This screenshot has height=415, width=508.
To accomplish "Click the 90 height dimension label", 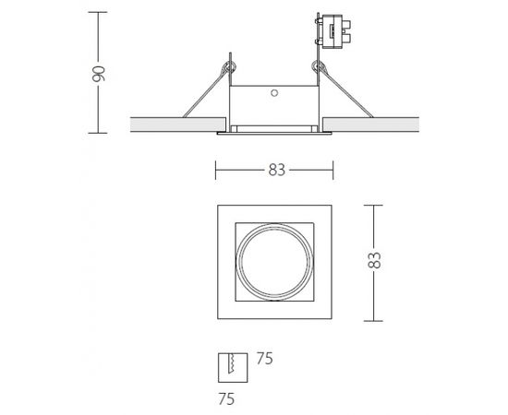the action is (99, 74).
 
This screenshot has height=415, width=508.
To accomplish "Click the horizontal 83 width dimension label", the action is (277, 170).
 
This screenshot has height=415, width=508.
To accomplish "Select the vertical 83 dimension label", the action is (374, 260).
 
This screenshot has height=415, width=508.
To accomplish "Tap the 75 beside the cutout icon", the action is (265, 359).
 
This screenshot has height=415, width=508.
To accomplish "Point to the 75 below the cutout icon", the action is (226, 398).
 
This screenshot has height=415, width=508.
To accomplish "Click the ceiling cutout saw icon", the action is (233, 367).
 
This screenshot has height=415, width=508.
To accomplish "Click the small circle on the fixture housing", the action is (274, 93).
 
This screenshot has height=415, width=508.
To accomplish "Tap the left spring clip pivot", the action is (229, 67).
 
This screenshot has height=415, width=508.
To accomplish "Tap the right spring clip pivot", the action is (318, 67).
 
